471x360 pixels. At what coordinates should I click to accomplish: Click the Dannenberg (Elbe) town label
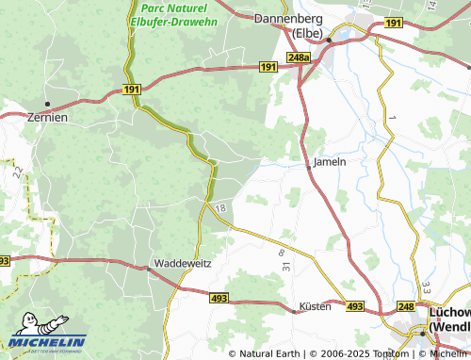pos(291,25)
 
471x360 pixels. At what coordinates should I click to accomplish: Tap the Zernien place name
pos(47,117)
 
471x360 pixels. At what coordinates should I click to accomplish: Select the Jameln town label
pos(330,161)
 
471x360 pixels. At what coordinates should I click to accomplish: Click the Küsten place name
pos(316,307)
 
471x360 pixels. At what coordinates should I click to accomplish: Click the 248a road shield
pos(299,58)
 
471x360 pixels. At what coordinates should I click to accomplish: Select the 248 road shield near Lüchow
pos(406,307)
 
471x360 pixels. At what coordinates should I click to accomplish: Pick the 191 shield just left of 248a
pos(268,66)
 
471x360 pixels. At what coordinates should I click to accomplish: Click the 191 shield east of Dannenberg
pos(394,23)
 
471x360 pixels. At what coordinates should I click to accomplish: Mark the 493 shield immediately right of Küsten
pos(354,307)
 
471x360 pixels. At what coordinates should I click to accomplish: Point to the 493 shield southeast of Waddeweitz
pos(218,297)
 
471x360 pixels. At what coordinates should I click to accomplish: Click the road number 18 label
pos(221,207)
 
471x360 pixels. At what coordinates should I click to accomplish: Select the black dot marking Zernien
pos(47,104)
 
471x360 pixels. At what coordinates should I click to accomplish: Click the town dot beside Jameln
pos(309,168)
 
